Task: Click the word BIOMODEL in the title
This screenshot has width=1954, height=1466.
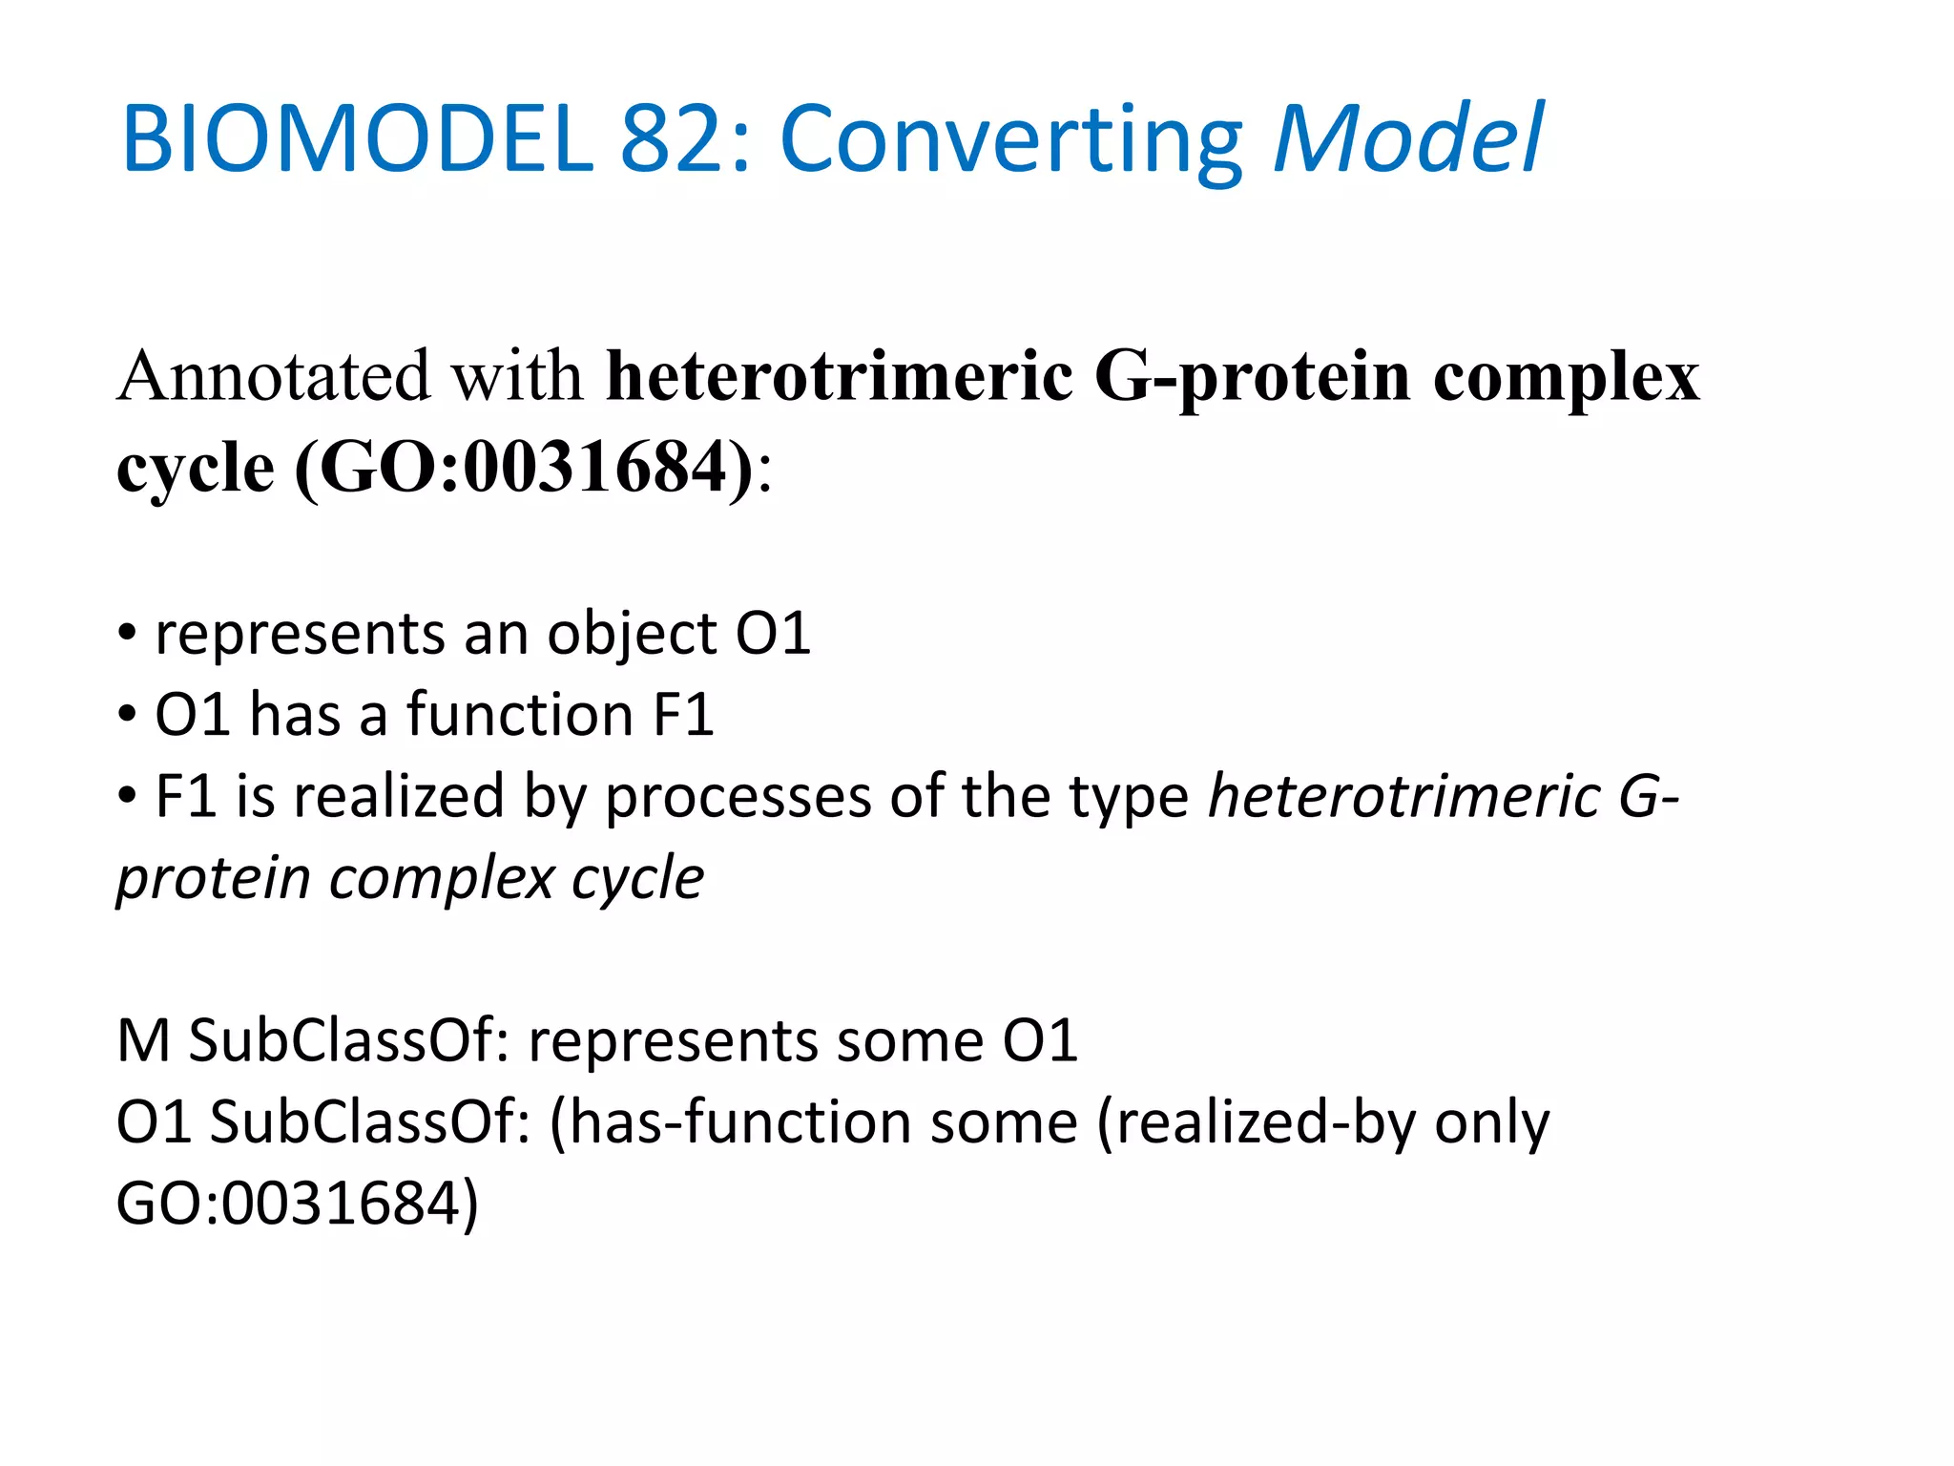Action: point(357,140)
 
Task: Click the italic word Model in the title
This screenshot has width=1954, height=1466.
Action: point(1408,140)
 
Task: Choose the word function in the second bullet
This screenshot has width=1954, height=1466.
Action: point(520,715)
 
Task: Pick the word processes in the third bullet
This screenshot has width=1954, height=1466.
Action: point(738,798)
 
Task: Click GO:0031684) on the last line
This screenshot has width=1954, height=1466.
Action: point(297,1204)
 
